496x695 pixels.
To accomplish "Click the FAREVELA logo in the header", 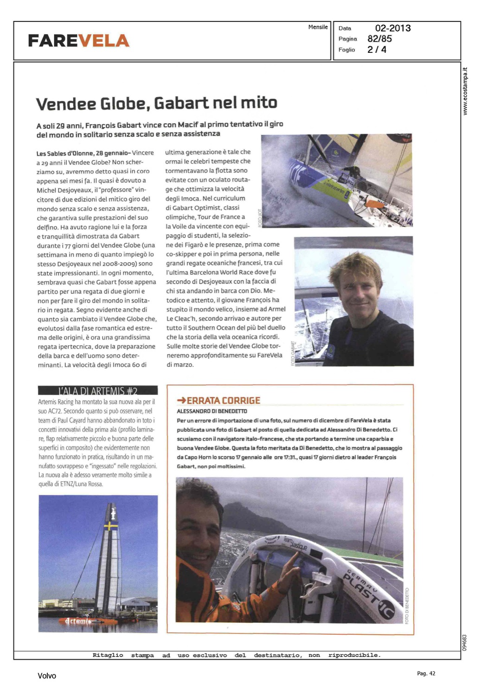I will pyautogui.click(x=78, y=41).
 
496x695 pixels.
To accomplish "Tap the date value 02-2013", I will pyautogui.click(x=393, y=28).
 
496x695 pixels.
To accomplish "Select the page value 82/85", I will pyautogui.click(x=380, y=39).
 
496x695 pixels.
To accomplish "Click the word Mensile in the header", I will pyautogui.click(x=318, y=27).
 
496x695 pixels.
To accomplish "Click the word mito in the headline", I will pyautogui.click(x=258, y=103).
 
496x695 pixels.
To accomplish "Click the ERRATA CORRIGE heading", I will pyautogui.click(x=223, y=400).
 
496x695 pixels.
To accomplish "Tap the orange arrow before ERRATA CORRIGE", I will pyautogui.click(x=181, y=400).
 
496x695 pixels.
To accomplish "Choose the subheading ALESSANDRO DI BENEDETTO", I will pyautogui.click(x=212, y=411).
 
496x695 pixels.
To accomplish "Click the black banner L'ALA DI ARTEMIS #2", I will pyautogui.click(x=97, y=391).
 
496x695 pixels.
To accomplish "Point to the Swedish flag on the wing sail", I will pyautogui.click(x=110, y=526).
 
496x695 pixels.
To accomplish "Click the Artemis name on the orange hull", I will pyautogui.click(x=78, y=621).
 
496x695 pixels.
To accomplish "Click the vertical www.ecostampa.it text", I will pyautogui.click(x=465, y=91).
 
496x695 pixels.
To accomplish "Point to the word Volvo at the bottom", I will pyautogui.click(x=47, y=676).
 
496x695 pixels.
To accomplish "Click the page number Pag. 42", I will pyautogui.click(x=426, y=674).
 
